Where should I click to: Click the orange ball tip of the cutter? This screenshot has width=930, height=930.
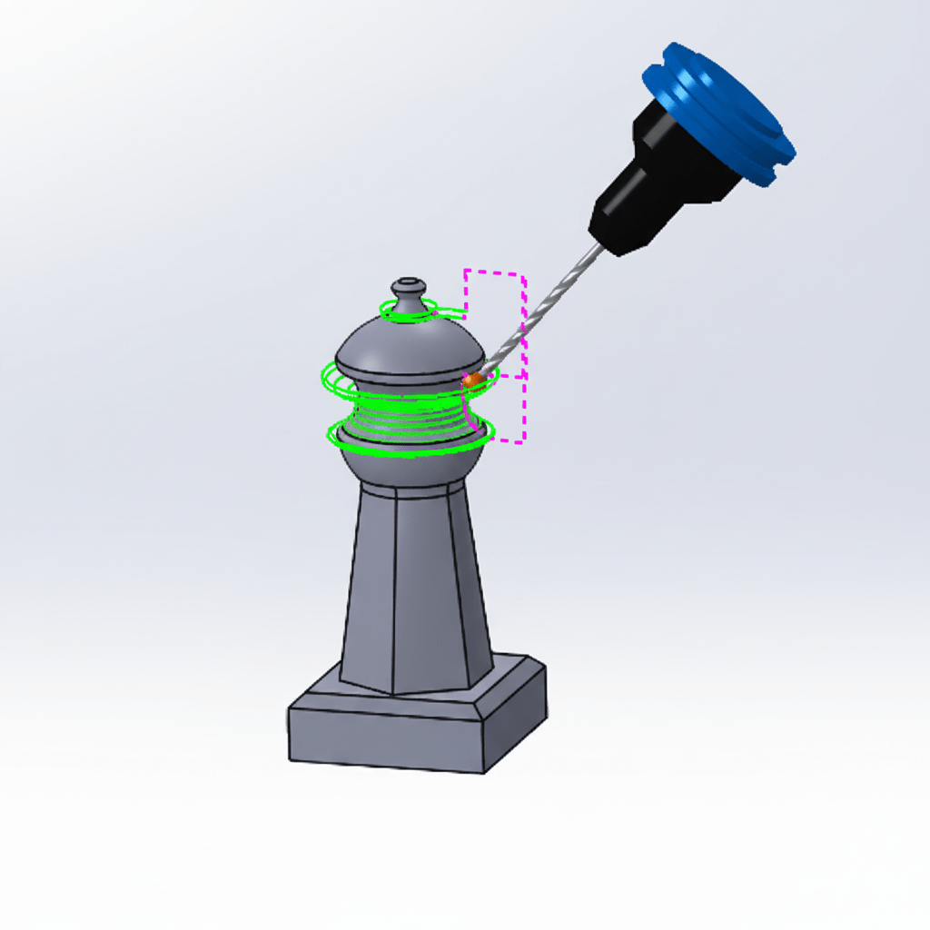[473, 381]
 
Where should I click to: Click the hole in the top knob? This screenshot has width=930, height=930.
[409, 282]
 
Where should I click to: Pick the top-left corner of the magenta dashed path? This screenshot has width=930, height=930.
[466, 271]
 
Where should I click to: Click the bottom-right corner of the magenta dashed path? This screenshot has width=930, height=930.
[524, 442]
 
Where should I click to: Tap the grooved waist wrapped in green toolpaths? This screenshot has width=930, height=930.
[409, 413]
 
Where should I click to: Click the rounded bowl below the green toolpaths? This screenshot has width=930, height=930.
[409, 468]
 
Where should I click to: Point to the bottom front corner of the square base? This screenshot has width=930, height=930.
[484, 773]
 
